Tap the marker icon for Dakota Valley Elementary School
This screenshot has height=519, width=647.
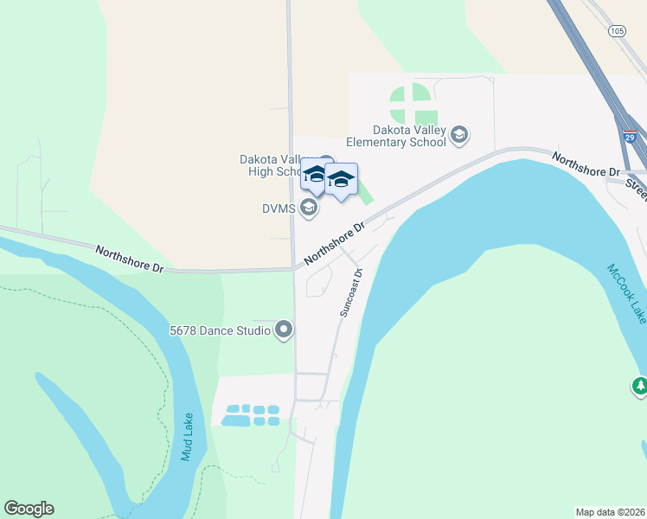pos(459,134)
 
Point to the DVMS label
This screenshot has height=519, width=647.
pos(280,208)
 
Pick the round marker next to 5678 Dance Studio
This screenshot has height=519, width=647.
pos(284,330)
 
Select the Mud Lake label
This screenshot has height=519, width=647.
pos(187,436)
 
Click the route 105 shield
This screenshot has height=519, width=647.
pos(617,31)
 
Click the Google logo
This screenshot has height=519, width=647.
pos(29,509)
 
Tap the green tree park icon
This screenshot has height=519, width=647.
pos(640,386)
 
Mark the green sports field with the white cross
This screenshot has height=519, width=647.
pos(413,104)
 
